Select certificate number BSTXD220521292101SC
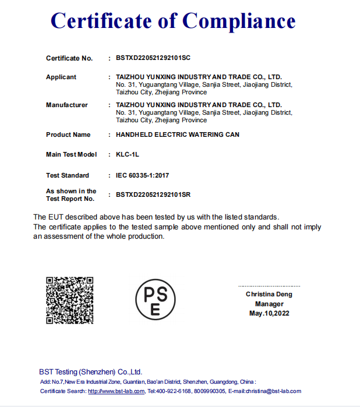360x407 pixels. point(153,58)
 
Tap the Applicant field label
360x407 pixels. point(61,77)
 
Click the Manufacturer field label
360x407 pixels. point(67,105)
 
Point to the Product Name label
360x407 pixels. point(68,135)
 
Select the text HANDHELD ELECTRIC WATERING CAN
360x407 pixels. point(178,135)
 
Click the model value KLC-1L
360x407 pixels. point(128,154)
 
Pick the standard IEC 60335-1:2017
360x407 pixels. point(143,175)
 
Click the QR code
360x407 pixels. point(70,300)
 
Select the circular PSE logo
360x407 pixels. point(155,299)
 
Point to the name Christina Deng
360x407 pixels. point(269,295)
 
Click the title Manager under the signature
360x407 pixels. point(269,304)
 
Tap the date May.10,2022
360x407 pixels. point(269,313)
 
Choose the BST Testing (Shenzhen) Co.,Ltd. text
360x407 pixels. point(90,372)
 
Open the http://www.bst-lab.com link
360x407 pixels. point(116,391)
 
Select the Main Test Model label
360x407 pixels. point(72,154)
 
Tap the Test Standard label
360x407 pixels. point(68,175)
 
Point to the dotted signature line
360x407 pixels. point(269,286)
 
